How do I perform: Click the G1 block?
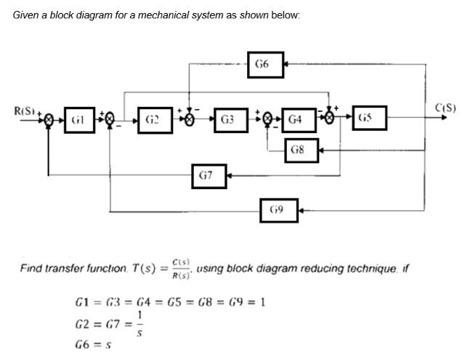(x=76, y=118)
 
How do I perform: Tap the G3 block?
(x=227, y=118)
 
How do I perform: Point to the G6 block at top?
(x=263, y=65)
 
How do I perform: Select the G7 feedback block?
(x=206, y=175)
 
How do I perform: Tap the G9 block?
(x=277, y=211)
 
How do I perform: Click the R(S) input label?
(x=26, y=111)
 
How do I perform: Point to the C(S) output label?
(x=444, y=109)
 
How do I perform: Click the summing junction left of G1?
(x=48, y=119)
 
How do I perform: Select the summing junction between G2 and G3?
(x=190, y=119)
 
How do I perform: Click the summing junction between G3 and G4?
(x=267, y=119)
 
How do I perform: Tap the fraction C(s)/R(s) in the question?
(x=181, y=269)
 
